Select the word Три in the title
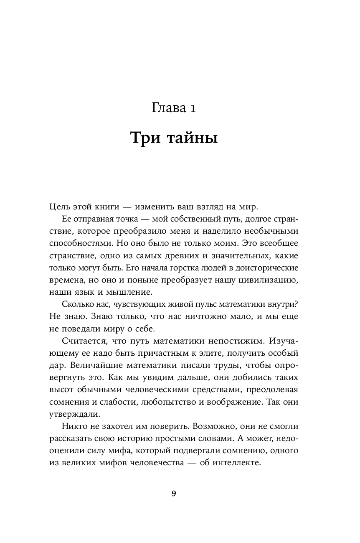pyautogui.click(x=145, y=138)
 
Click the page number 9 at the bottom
pyautogui.click(x=174, y=494)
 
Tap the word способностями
pyautogui.click(x=78, y=243)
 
